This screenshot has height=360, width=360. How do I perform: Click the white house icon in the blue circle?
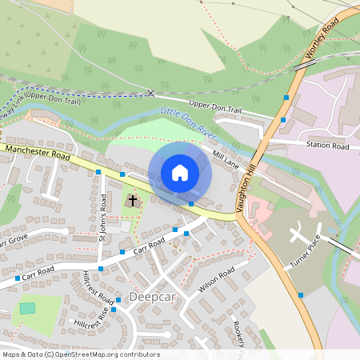pos(180,173)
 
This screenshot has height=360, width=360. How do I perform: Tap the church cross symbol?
pos(132,200)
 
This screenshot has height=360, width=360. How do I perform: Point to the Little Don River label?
pos(190,119)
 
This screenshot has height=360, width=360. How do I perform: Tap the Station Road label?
pos(328,146)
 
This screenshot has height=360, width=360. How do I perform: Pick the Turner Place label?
pos(306,254)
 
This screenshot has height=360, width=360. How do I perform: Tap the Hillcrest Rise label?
pos(89,321)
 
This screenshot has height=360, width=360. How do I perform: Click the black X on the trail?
pos(150,93)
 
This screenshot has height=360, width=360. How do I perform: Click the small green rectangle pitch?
pos(28,307)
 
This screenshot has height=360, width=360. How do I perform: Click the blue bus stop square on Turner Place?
pos(301,295)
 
